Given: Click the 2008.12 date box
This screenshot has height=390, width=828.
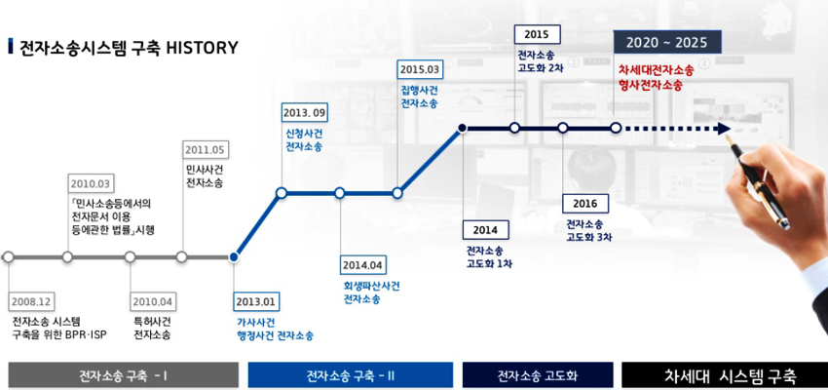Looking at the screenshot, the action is click(31, 301).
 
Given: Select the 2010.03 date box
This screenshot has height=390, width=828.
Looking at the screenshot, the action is click(92, 183).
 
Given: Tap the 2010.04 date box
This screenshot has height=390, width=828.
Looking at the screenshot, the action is click(153, 301).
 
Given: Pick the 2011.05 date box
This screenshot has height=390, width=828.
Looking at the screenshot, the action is click(205, 150).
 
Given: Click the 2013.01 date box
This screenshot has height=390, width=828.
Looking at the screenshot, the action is click(256, 301).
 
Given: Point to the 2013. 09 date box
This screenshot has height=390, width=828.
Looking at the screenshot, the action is click(305, 112).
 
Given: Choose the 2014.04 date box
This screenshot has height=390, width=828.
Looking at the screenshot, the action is click(363, 265).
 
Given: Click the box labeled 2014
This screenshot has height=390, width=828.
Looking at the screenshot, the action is click(486, 230).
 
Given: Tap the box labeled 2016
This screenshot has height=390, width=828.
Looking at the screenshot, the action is click(585, 204).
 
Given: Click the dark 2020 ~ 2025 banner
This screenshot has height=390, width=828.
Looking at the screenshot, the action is click(667, 42).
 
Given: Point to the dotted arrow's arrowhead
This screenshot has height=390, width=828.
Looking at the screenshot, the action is click(724, 129).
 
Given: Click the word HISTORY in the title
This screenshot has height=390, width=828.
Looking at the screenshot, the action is click(203, 48).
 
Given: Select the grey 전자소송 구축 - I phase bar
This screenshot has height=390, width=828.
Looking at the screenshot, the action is click(124, 375).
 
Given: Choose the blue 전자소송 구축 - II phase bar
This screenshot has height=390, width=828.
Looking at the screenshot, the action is click(351, 375).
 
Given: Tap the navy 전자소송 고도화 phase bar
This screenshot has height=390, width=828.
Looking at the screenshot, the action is click(538, 375).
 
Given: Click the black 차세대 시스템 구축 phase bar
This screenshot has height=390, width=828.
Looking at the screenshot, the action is click(725, 375).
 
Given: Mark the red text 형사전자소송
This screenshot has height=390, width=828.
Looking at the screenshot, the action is click(650, 85).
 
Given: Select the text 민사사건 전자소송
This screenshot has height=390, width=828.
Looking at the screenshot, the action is click(204, 176).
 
